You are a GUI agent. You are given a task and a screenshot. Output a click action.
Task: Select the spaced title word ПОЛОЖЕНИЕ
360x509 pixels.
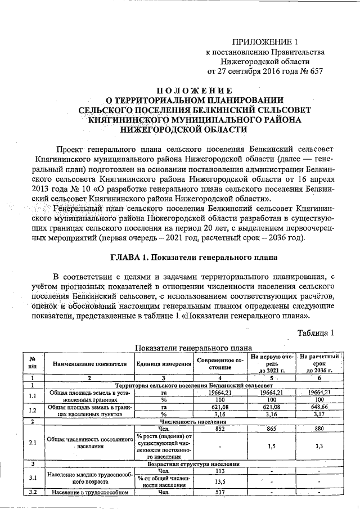(193, 91)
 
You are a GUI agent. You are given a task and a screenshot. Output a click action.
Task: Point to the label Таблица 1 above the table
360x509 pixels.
(317, 333)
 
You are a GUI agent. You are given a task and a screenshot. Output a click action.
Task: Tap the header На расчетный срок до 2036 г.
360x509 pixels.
(318, 364)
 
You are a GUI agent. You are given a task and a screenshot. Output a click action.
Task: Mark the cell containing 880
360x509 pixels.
(318, 429)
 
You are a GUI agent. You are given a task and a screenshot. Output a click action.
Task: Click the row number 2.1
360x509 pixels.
(33, 442)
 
